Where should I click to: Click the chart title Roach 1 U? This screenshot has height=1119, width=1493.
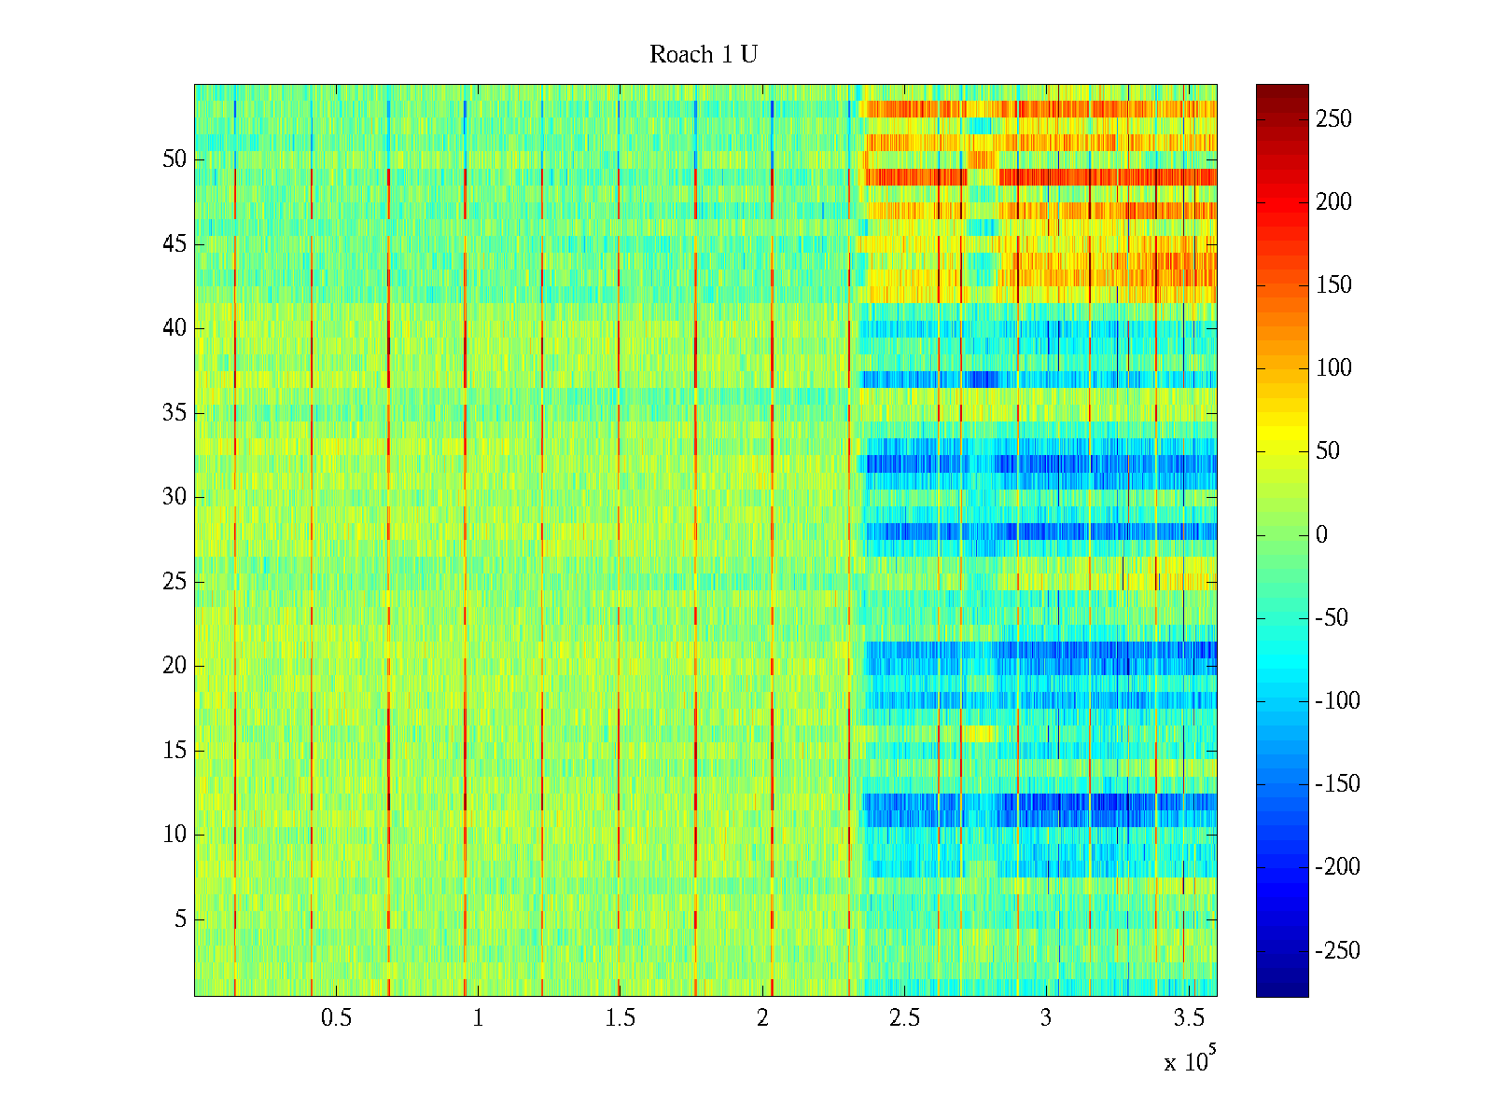[703, 55]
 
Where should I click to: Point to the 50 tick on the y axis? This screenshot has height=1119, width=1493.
[174, 159]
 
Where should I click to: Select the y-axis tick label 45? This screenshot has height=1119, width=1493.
[174, 244]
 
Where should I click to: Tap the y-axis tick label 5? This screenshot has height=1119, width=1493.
[180, 919]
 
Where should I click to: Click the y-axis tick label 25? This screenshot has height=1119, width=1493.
[174, 582]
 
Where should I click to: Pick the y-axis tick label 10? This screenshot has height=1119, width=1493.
[174, 835]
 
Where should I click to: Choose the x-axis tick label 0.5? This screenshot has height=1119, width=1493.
[336, 1018]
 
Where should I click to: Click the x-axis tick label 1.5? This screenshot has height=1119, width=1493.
[620, 1018]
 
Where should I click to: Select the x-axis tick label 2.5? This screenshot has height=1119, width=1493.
[904, 1018]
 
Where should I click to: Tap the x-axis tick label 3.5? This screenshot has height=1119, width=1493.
[1188, 1018]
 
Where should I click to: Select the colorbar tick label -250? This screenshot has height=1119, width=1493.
[1338, 951]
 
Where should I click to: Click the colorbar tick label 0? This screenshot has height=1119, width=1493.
[1321, 535]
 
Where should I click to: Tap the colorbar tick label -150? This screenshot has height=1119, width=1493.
[1338, 784]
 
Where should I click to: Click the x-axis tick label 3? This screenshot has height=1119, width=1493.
[1046, 1018]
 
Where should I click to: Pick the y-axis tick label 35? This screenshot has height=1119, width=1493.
[174, 413]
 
